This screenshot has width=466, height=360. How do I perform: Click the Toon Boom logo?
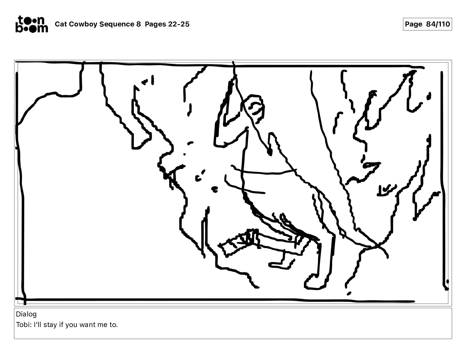point(31,24)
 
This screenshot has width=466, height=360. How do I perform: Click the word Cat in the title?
point(61,24)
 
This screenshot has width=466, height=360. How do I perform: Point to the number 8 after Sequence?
point(139,24)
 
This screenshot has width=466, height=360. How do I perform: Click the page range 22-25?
point(179,24)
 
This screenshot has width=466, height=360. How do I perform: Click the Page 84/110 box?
point(427,24)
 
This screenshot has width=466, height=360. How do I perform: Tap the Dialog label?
point(26,314)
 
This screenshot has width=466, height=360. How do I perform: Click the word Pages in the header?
point(155,24)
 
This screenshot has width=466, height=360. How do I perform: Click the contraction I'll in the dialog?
point(38,325)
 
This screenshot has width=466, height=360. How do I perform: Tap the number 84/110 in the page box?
point(438,24)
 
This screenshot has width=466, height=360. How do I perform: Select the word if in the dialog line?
point(61,325)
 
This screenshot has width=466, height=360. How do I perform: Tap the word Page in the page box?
point(413,24)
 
